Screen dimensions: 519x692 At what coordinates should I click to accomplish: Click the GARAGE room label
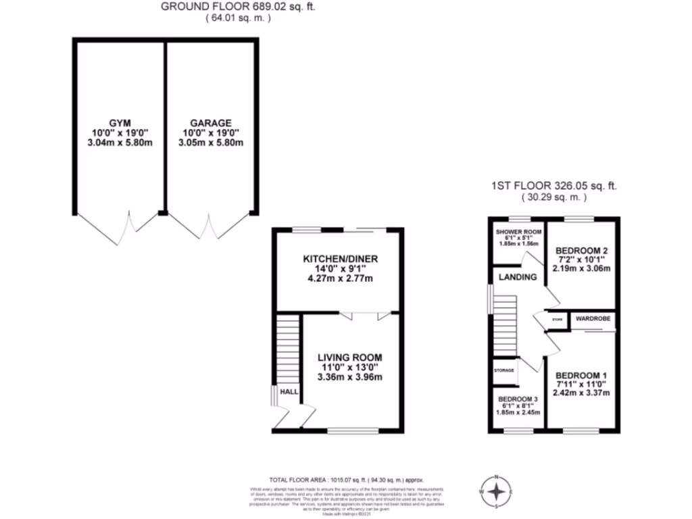point(212,122)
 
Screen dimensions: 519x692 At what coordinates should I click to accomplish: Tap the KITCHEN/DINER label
point(340,259)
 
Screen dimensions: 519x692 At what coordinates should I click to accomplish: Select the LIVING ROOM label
point(350,357)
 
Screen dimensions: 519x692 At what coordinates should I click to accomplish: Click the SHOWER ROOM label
point(519,232)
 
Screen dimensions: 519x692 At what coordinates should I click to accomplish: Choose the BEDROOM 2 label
point(581,249)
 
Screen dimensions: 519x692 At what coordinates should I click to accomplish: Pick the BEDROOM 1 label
point(581,375)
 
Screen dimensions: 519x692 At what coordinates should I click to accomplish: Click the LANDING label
point(518,277)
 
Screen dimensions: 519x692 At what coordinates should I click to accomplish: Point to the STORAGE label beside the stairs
point(504,370)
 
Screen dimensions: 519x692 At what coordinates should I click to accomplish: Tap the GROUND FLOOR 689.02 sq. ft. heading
point(239,7)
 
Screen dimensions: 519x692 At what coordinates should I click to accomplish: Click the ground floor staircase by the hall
point(288,351)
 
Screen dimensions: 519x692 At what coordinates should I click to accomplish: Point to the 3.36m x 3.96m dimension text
point(350,377)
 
